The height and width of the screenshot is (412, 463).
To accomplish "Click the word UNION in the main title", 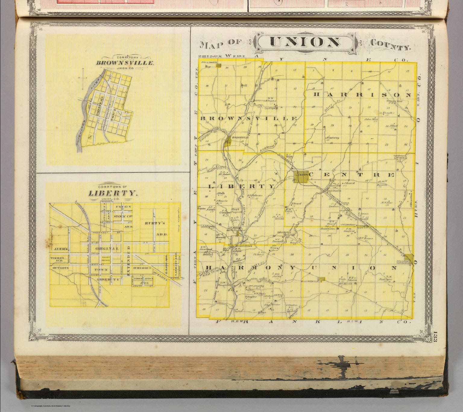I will click(304, 42).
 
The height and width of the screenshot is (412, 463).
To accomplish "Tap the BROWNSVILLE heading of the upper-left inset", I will click(125, 63).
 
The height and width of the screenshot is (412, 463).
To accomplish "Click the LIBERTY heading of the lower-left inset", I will click(112, 193).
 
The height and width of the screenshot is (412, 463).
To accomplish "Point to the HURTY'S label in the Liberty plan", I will click(155, 223).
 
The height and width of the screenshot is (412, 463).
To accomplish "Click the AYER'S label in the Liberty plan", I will click(61, 249).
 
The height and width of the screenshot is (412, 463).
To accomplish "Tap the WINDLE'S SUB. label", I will click(57, 259).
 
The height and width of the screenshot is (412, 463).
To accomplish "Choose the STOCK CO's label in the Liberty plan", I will click(124, 216).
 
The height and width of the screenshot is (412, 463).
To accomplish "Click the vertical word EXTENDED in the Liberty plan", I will click(128, 261).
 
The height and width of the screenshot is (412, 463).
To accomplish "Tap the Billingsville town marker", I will click(322, 279).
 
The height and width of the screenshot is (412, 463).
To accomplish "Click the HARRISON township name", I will click(362, 95).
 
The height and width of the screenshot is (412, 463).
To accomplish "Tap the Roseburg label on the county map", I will click(283, 233).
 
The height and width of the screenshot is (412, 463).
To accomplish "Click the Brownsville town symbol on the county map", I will click(229, 141).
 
